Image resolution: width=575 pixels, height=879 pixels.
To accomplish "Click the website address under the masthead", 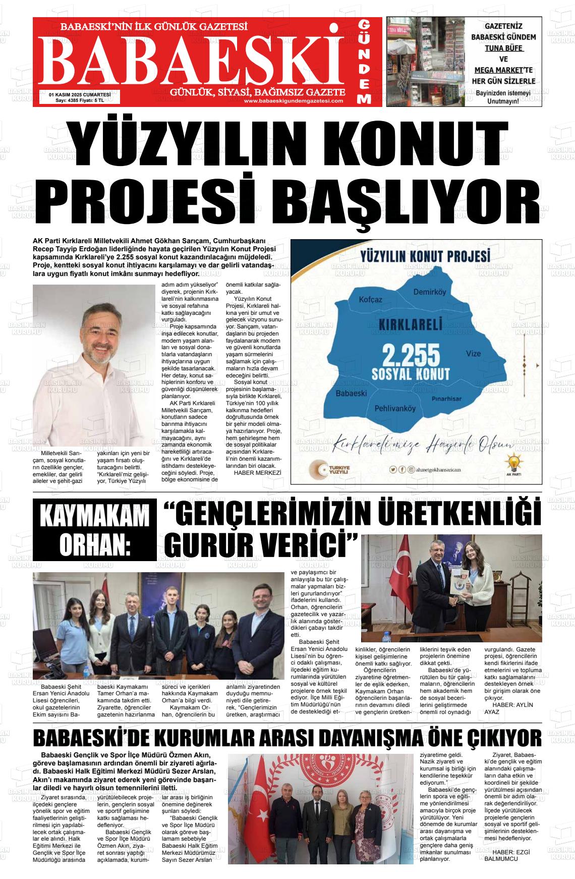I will click(293, 101).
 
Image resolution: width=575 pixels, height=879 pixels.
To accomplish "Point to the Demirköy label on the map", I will click(430, 292).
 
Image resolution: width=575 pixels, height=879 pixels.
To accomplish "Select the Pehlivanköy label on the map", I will click(395, 409).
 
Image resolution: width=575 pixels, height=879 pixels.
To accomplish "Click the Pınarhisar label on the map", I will click(447, 399).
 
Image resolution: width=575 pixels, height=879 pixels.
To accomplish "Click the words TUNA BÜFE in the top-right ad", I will click(504, 48).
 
